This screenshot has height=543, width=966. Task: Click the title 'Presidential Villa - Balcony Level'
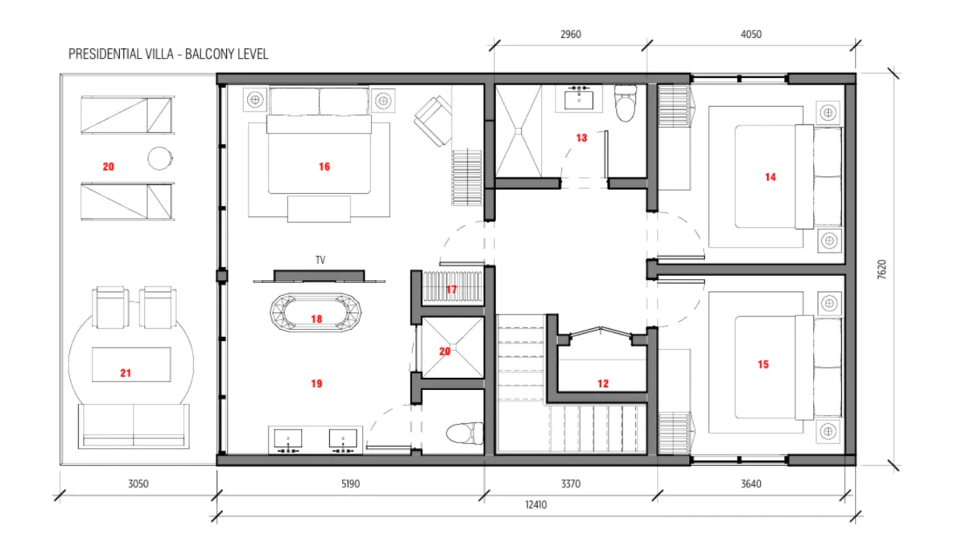tap(168, 55)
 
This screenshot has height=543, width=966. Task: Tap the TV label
tap(320, 260)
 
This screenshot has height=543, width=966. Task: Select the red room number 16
tap(324, 167)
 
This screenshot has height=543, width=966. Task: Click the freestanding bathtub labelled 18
tap(316, 313)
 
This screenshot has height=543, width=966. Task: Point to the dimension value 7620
tap(882, 269)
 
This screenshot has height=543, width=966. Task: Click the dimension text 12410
tap(535, 504)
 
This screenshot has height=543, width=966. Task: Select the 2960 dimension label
tap(571, 34)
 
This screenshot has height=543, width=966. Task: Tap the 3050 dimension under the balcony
tap(138, 484)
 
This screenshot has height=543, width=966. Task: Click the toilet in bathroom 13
tap(625, 104)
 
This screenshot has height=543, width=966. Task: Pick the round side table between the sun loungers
tap(160, 158)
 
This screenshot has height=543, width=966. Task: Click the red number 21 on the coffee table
tap(126, 373)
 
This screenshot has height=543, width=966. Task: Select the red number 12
tap(603, 384)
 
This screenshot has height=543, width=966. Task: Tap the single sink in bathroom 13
tap(579, 98)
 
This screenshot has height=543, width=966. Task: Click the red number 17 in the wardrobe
tap(451, 289)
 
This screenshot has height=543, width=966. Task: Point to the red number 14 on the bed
tap(770, 177)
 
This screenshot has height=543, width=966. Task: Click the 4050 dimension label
tap(751, 34)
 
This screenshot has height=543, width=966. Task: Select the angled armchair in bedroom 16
tap(433, 121)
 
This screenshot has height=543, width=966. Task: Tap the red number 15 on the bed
tap(763, 364)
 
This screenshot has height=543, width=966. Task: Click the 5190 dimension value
tap(350, 484)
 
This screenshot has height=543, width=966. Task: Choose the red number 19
tap(316, 384)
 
